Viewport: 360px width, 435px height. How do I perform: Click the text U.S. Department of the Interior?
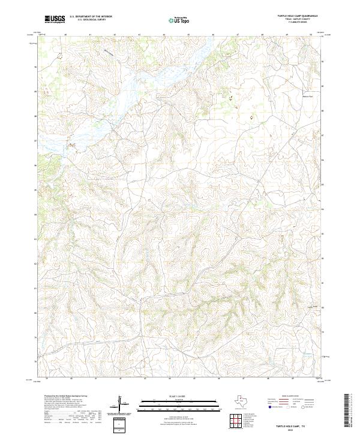pyautogui.click(x=91, y=16)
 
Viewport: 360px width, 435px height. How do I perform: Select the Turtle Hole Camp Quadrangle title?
pyautogui.click(x=297, y=16)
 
